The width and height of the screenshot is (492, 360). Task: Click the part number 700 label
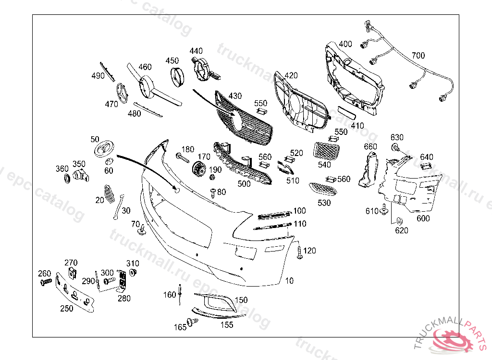(418, 56)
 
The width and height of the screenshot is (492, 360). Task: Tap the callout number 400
(345, 44)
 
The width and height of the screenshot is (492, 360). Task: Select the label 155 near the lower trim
(227, 325)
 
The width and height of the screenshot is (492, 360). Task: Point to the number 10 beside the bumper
(289, 281)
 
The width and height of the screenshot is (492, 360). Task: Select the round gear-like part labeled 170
(198, 169)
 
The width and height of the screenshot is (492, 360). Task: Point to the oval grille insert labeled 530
(322, 188)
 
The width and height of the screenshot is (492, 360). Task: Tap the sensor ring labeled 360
(66, 180)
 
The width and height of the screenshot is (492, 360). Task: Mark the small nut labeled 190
(211, 178)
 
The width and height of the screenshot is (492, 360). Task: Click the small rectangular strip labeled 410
(346, 113)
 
